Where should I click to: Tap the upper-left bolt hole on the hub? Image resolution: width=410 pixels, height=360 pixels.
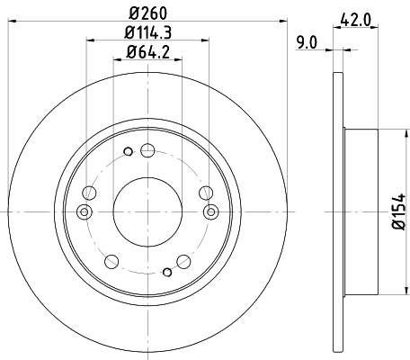pos(88,192)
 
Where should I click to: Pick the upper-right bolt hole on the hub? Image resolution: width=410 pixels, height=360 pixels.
pos(207,192)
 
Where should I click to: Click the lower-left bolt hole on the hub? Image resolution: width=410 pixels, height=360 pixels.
pos(111,261)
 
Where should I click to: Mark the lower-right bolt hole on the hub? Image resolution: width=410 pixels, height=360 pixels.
pos(183,261)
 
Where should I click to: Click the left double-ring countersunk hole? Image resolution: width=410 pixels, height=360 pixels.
pos(85,211)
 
